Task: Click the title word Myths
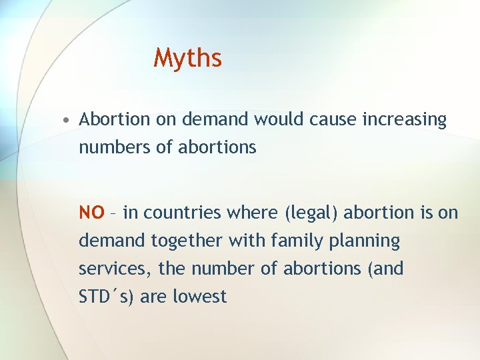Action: pos(187,59)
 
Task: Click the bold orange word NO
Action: pos(91,213)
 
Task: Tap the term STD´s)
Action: pos(107,296)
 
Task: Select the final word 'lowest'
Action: pos(200,296)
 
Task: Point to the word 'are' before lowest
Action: pos(153,297)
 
